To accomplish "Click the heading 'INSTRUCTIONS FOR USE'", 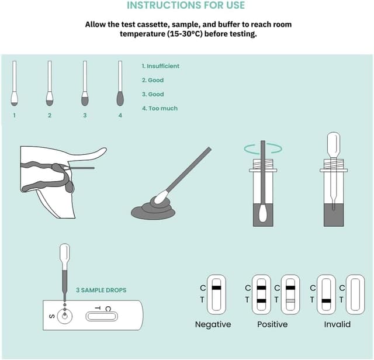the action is [x=186, y=5].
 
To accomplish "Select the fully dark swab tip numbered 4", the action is [x=120, y=98].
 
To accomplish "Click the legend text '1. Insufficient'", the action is [x=160, y=66].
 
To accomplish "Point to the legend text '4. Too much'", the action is [x=160, y=108].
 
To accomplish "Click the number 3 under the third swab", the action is [x=85, y=116].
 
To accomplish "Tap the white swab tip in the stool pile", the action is [x=161, y=197].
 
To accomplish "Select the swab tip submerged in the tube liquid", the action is [x=263, y=213].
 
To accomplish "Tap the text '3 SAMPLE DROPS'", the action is [x=101, y=290].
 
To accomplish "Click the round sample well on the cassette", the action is [x=65, y=317].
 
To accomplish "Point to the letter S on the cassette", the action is [x=52, y=317].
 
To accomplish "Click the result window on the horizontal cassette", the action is [x=102, y=317].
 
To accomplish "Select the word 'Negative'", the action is [x=213, y=324].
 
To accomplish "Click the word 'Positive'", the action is [x=272, y=324].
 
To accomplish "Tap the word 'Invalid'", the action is [x=337, y=324].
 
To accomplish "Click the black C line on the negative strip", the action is [x=216, y=288].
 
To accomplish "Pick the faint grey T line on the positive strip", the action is [x=290, y=301].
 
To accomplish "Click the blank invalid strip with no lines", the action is [x=355, y=295].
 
